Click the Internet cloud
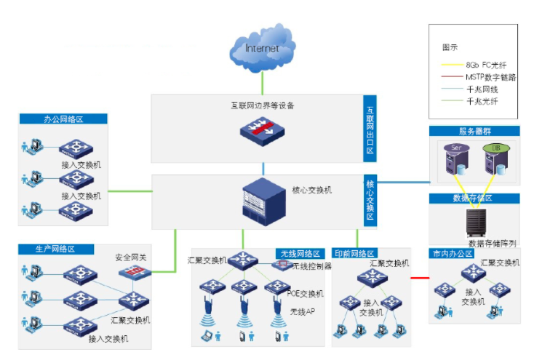263,49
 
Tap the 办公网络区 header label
63,119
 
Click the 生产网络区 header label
56,249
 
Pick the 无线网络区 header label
298,254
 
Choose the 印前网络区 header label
354,254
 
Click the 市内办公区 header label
452,254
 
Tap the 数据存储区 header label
474,198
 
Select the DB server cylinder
497,158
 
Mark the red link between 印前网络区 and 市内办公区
420,277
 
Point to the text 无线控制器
312,266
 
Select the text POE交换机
306,293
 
